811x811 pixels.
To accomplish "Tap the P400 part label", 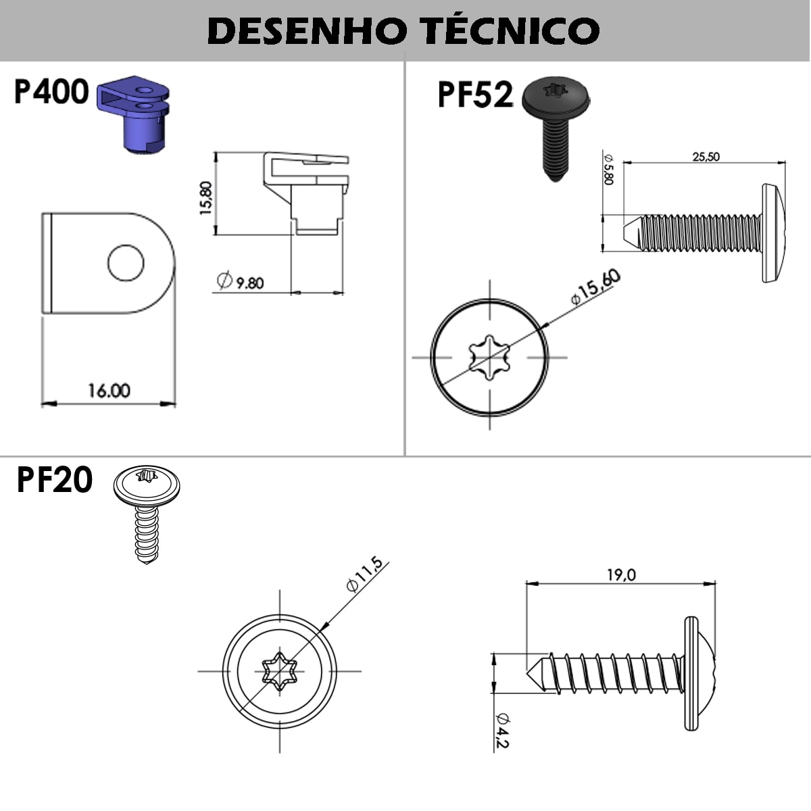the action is tap(51, 91).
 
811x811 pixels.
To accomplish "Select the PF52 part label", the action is tap(476, 95).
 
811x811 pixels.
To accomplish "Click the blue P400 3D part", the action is tap(133, 114).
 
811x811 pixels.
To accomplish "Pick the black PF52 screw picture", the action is tap(556, 129).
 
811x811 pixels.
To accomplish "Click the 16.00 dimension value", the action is tap(109, 391).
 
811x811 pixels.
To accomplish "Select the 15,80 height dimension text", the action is tap(206, 198).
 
